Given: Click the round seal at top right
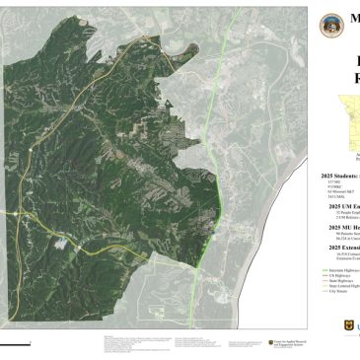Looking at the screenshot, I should pos(328,22).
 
